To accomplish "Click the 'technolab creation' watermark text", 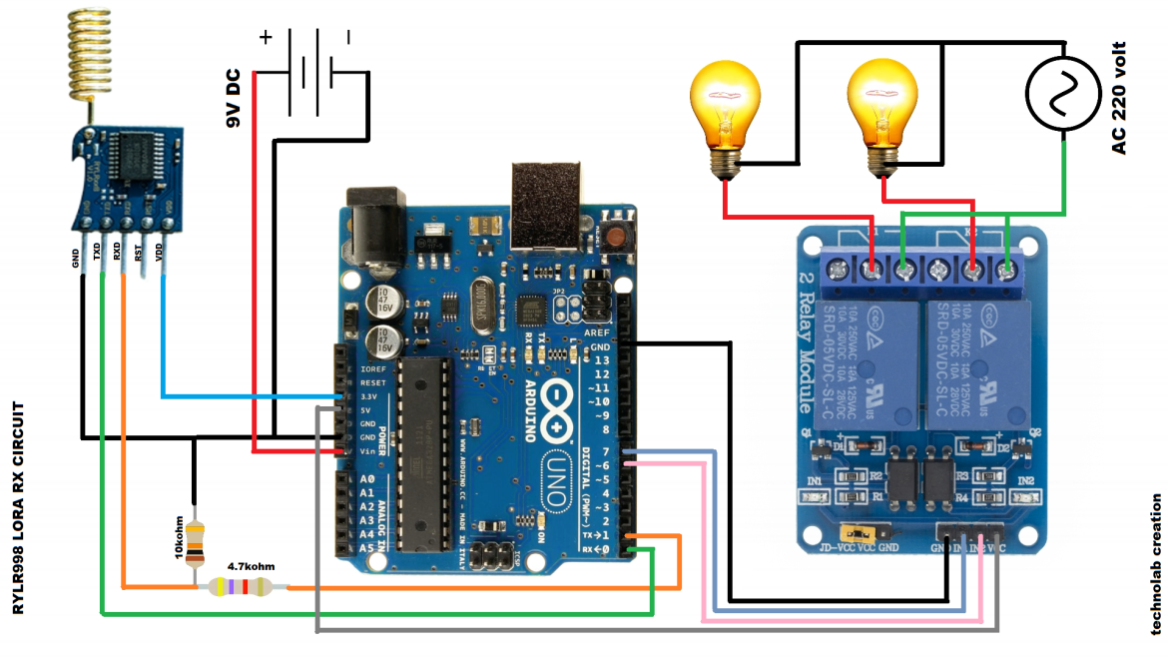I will (1156, 564).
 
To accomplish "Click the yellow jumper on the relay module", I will (854, 532).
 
